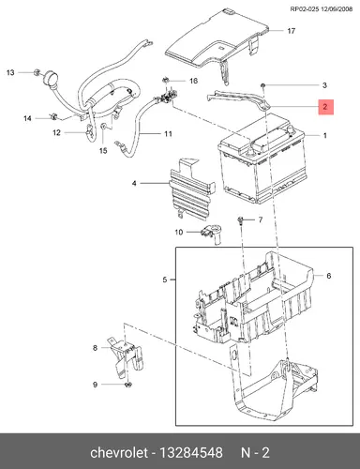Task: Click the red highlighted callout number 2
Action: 325,107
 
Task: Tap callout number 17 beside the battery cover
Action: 292,31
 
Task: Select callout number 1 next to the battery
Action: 325,135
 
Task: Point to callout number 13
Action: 10,72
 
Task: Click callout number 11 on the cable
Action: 168,134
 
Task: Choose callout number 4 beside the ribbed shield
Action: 134,183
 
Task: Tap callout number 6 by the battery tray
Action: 328,276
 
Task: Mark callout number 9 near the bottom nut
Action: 96,385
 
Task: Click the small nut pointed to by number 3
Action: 263,85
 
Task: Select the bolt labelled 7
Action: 241,220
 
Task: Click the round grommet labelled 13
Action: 51,77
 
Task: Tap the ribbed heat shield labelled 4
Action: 191,188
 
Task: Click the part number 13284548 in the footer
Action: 191,453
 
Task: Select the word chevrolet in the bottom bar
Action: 118,453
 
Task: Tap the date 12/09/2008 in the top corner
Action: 337,9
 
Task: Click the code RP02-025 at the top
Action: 305,9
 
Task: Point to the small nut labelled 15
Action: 103,127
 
